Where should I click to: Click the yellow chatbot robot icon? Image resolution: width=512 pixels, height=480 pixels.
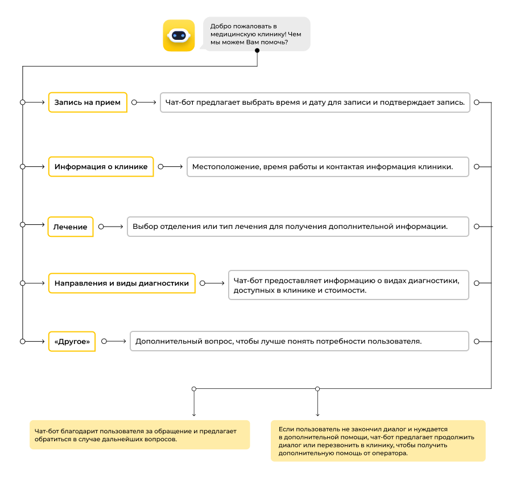coord(179,35)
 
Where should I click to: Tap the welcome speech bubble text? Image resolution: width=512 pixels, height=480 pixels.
coord(255,34)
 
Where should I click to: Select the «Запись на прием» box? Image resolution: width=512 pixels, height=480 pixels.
coord(88,102)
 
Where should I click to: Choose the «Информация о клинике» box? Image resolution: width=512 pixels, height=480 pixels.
coord(101,167)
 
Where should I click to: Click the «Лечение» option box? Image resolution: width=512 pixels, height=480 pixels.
coord(70,227)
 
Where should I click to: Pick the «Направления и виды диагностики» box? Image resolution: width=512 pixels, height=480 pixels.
coord(122,283)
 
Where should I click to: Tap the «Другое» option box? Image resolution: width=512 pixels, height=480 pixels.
coord(72,342)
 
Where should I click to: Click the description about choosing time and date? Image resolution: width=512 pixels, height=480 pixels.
coord(315,102)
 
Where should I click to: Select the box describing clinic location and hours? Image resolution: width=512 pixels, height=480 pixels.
coord(328,167)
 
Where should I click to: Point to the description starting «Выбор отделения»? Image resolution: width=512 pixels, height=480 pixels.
coord(298,227)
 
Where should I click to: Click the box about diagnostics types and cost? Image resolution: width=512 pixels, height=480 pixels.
coord(348,285)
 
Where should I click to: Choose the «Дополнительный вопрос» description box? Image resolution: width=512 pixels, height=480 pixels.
coord(299,341)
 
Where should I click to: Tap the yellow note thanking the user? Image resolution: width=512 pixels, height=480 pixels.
coord(140,435)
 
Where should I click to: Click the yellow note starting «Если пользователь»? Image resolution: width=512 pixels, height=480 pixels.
coord(378,441)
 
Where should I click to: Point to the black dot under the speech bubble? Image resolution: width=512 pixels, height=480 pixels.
coord(257,50)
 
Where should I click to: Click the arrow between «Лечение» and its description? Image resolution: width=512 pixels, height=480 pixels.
coord(111,227)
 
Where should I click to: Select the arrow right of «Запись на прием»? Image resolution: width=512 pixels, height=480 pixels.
coord(144,102)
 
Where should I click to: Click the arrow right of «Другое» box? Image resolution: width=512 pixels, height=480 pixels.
coord(114,341)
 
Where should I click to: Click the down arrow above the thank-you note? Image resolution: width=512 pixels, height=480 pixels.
coord(194,401)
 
